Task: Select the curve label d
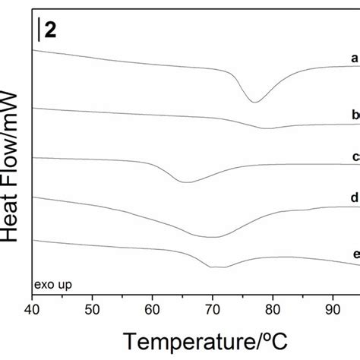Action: pos(355,197)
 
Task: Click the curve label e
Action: pos(355,255)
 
